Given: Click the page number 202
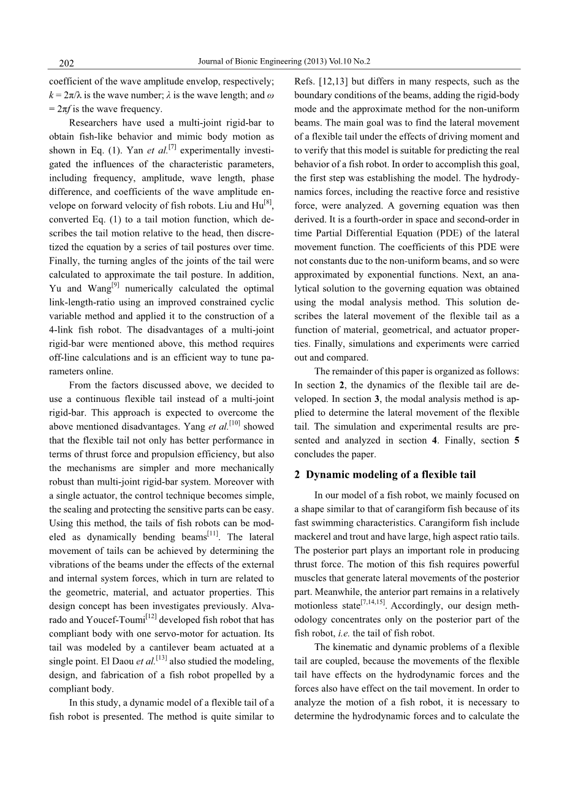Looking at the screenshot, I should click(66, 63).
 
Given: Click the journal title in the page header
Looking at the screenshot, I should click(285, 62).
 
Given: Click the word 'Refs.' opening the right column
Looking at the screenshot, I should click(305, 81).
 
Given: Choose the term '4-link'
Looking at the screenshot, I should click(63, 330).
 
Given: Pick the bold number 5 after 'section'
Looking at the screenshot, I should click(517, 441).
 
